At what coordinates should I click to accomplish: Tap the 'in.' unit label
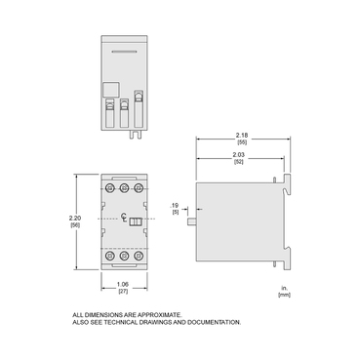click(285, 288)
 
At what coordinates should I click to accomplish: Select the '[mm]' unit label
click(284, 295)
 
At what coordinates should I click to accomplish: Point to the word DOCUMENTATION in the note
click(208, 322)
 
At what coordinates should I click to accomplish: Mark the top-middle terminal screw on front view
click(122, 184)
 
